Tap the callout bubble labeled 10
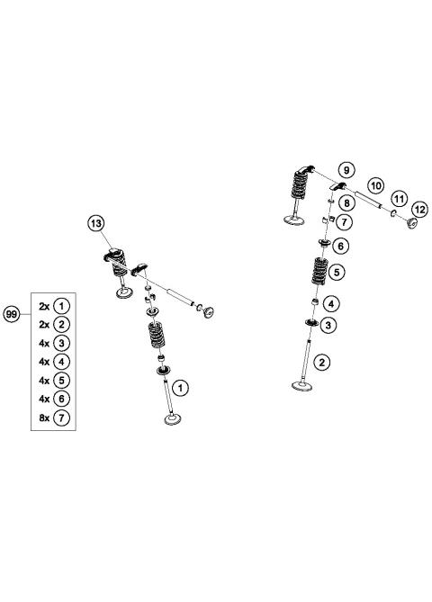tap(376, 185)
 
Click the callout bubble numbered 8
tap(346, 203)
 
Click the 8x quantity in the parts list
tap(43, 418)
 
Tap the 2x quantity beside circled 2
tap(43, 324)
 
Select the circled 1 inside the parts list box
tap(61, 305)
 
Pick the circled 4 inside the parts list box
tap(61, 362)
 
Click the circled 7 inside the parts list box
tap(61, 418)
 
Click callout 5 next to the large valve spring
tap(337, 271)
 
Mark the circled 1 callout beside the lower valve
tap(181, 388)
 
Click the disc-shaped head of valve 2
tap(302, 388)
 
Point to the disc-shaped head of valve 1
tap(173, 420)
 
